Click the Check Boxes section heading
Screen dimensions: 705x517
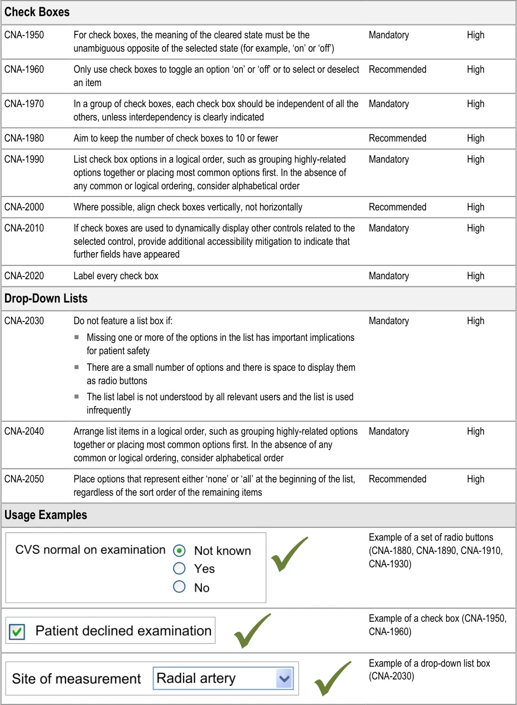(x=37, y=12)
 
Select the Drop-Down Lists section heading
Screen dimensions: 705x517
(x=46, y=298)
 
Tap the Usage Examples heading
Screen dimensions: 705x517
(x=46, y=515)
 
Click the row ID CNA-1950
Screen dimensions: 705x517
(x=24, y=35)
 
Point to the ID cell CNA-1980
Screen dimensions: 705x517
(x=24, y=138)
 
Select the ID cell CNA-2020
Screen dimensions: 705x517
(x=24, y=276)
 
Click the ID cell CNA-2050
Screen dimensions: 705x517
(x=24, y=479)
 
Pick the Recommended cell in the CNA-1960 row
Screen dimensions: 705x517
(x=398, y=69)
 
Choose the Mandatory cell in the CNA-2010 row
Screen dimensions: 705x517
(x=389, y=228)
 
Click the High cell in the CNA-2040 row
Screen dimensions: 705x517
(x=475, y=431)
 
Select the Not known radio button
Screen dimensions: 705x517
(x=179, y=551)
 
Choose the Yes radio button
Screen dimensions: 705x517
(x=179, y=568)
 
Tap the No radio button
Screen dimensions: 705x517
(x=179, y=587)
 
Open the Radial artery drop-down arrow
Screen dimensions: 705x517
(x=285, y=678)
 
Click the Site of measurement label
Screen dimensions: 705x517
(x=77, y=678)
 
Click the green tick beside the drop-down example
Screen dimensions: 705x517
(x=333, y=678)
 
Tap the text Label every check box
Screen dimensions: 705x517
(x=116, y=276)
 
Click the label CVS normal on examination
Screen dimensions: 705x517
(x=90, y=550)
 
